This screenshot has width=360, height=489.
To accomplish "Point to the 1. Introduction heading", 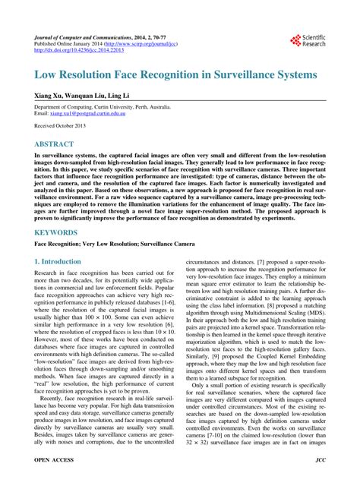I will [x=58, y=261].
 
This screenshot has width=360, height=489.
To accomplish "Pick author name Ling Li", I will [x=139, y=97].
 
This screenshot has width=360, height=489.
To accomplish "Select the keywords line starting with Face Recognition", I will [x=114, y=244].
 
